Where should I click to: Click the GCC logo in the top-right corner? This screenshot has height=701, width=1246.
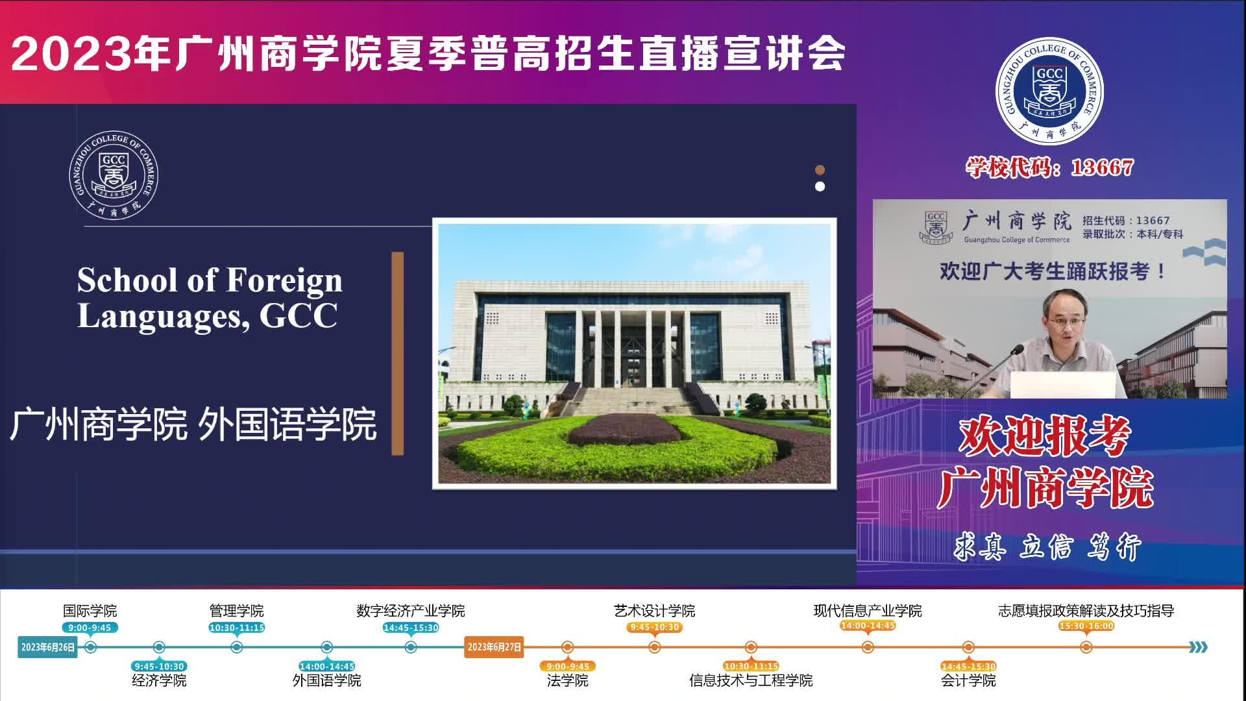(x=1049, y=91)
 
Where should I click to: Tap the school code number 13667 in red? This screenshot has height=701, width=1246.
(x=1102, y=167)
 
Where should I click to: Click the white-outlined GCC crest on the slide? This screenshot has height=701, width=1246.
(x=114, y=175)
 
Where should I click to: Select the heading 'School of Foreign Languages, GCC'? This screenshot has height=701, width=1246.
(x=210, y=298)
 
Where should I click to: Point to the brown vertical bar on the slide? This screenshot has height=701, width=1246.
(x=398, y=353)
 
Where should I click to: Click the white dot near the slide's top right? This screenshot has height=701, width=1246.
(x=820, y=187)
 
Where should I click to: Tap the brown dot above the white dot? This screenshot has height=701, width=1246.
(x=820, y=170)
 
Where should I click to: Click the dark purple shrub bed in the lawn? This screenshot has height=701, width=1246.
(x=622, y=429)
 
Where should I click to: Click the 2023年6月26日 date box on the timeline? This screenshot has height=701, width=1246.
(x=47, y=647)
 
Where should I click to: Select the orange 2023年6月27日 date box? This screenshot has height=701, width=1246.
(x=494, y=647)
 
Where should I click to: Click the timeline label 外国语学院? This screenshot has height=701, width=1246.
(x=326, y=680)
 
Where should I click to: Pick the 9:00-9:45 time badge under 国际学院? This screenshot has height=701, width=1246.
(x=90, y=628)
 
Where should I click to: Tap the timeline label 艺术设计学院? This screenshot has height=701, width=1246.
(x=654, y=611)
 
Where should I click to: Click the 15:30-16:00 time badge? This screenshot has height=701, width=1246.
(x=1086, y=626)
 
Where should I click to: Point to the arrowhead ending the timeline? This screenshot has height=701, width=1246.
(x=1199, y=647)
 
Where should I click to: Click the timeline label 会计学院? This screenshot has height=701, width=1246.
(x=968, y=680)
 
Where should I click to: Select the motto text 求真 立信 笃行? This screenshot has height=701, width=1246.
(x=1047, y=547)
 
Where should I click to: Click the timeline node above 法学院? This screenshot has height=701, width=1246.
(x=567, y=647)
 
